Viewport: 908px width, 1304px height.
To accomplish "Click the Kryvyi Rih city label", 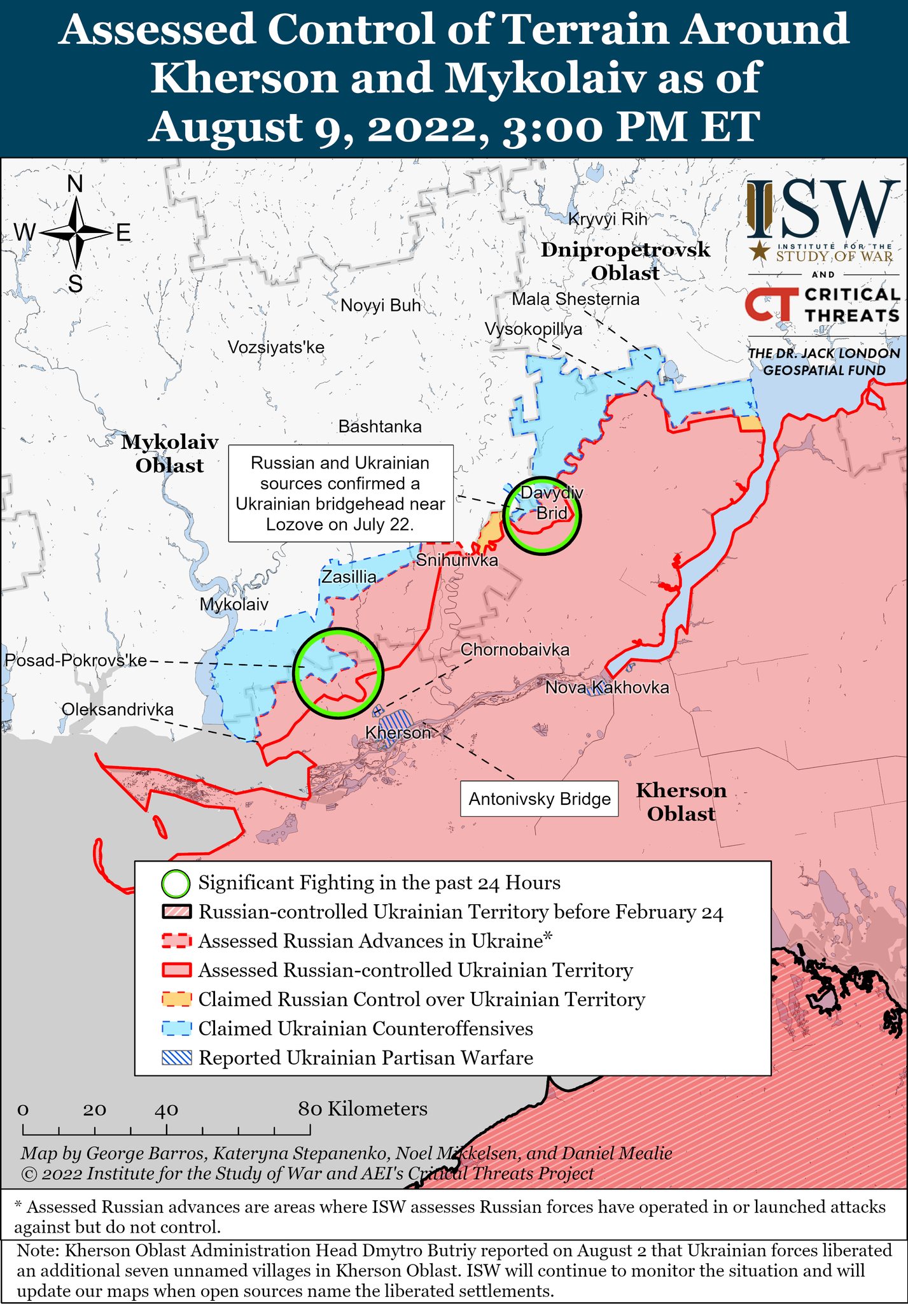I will [607, 220].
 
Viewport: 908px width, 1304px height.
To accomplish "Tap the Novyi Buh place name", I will [381, 306].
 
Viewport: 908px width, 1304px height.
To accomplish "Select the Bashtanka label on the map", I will [380, 427].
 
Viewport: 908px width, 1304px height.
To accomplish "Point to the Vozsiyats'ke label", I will [276, 348].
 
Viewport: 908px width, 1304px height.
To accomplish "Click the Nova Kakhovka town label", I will [607, 688].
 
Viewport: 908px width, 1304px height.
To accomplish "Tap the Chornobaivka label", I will [515, 650].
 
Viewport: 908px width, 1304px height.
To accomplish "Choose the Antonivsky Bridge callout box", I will [539, 799].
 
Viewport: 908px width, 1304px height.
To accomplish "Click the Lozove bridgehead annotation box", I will [340, 493].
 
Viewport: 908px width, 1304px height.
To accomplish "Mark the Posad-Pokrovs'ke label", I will [76, 660].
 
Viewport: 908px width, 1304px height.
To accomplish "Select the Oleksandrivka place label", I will [118, 709].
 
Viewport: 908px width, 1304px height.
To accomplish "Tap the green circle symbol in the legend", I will [176, 884].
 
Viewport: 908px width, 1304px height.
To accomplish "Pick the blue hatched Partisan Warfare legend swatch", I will [176, 1058].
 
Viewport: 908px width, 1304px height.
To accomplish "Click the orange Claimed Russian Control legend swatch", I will [176, 1000].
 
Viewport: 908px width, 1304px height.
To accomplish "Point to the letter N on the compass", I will [75, 185].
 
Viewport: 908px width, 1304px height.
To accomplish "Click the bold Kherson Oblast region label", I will [681, 802].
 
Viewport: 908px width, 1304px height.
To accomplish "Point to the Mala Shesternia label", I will [575, 299].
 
